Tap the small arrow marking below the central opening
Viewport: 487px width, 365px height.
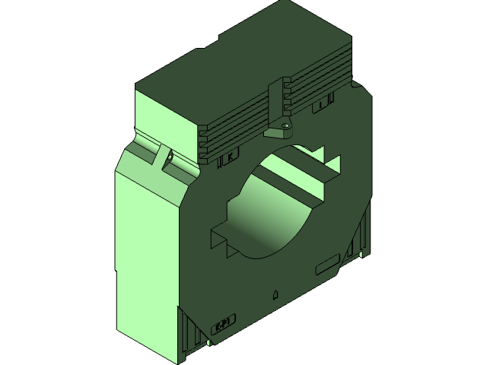[275, 294]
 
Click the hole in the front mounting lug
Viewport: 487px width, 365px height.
[285, 126]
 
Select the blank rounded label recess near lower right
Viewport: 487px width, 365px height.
[327, 265]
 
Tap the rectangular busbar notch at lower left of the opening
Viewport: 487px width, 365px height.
[221, 236]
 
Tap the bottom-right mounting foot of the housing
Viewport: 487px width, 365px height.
[359, 236]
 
